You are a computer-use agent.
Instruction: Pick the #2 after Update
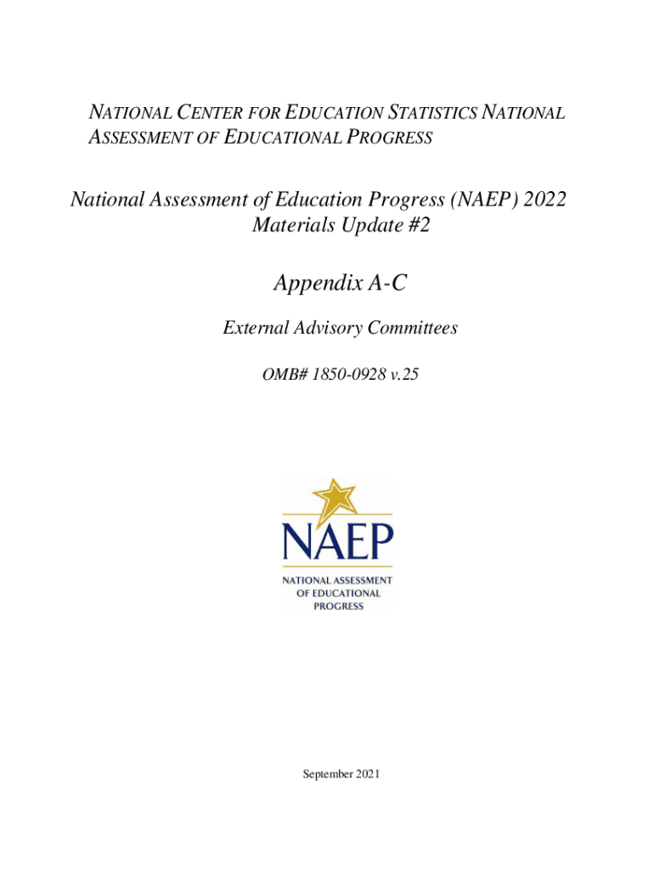[x=407, y=227]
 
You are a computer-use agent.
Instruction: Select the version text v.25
[x=404, y=370]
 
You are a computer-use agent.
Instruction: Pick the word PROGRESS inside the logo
[x=338, y=606]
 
